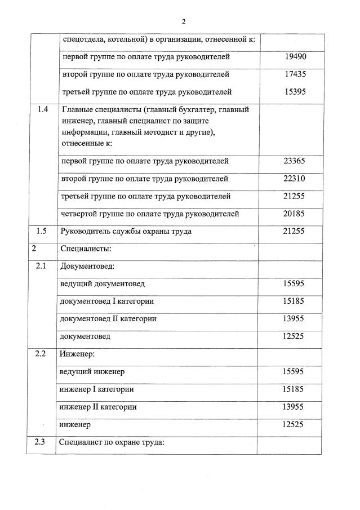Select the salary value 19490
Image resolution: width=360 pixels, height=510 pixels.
295,57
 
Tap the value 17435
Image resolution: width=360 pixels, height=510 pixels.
295,74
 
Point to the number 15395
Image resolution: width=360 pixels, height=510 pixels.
295,92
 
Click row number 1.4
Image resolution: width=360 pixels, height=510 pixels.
42,110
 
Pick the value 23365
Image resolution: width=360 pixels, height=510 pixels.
294,161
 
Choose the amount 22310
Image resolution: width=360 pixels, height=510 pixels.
294,179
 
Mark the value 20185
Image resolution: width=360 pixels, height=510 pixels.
294,214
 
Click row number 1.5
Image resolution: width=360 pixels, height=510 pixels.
42,231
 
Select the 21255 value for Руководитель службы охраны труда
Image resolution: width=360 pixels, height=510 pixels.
294,231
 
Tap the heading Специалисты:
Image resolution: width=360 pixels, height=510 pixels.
83,249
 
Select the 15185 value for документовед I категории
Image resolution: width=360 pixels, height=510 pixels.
294,301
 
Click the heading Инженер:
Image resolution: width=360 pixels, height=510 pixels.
77,354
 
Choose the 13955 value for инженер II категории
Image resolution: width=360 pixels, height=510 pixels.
294,407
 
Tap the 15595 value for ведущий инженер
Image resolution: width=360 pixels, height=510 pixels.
294,372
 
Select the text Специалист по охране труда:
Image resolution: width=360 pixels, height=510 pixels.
112,442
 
